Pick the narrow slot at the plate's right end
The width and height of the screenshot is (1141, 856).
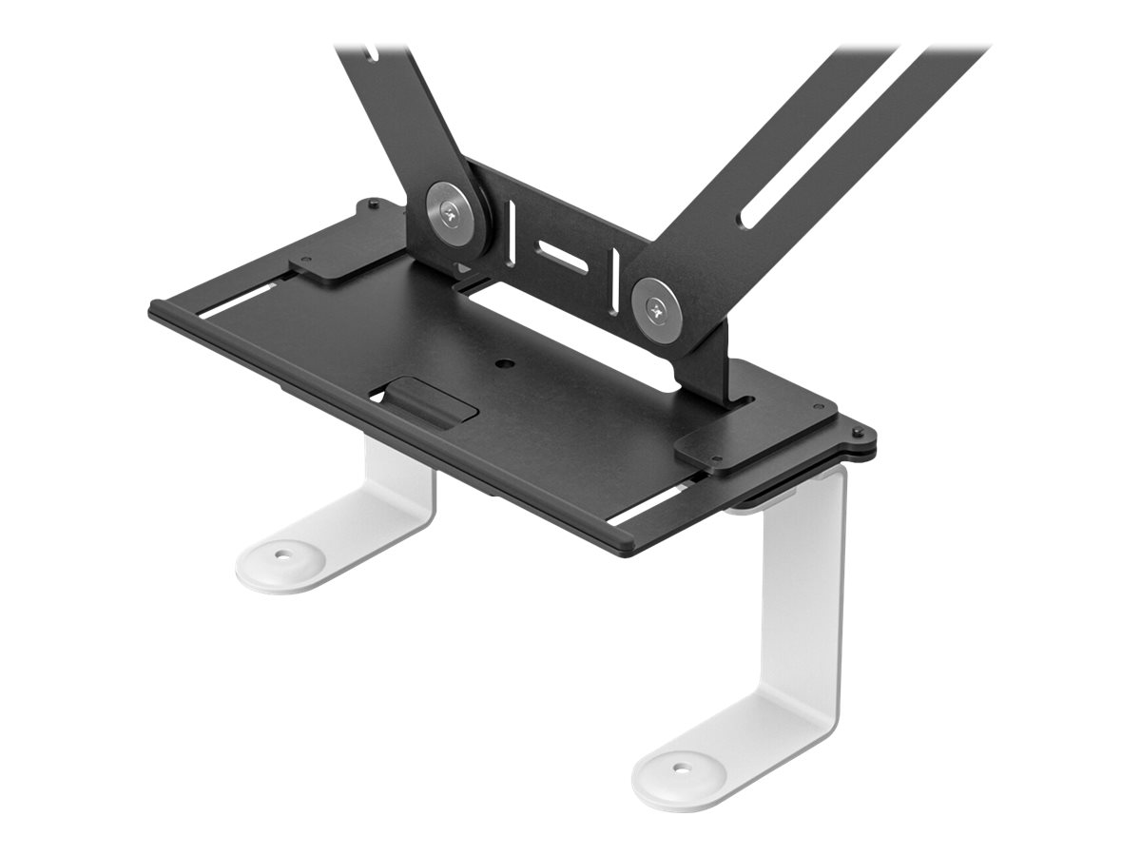click(647, 504)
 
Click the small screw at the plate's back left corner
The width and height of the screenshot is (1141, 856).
click(373, 204)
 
